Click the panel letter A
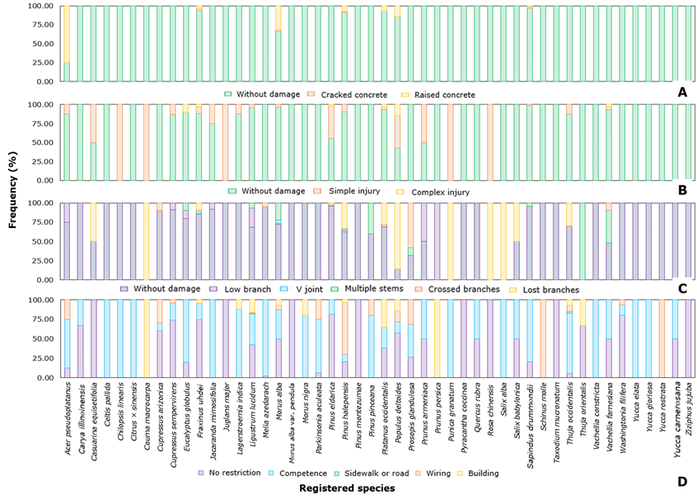click(x=681, y=92)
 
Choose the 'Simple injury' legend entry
click(x=351, y=191)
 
